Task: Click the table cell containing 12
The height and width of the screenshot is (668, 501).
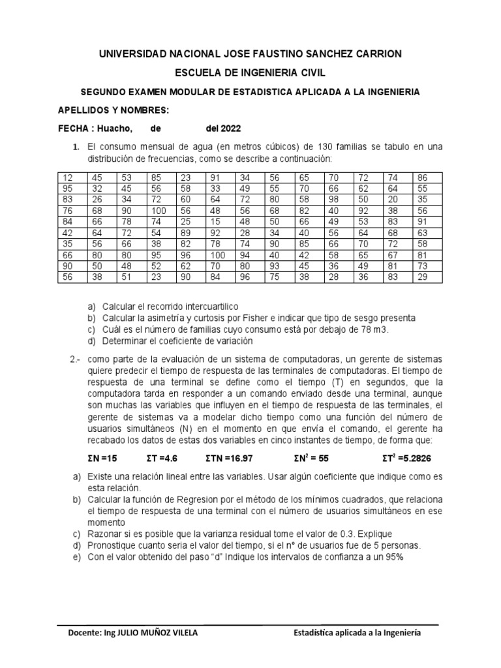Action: click(x=73, y=177)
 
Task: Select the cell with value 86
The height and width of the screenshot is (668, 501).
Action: click(x=429, y=177)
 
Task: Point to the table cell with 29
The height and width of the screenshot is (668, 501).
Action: click(x=429, y=277)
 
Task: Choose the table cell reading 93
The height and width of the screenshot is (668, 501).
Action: click(x=280, y=266)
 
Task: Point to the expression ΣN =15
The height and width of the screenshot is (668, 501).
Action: click(x=104, y=459)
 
